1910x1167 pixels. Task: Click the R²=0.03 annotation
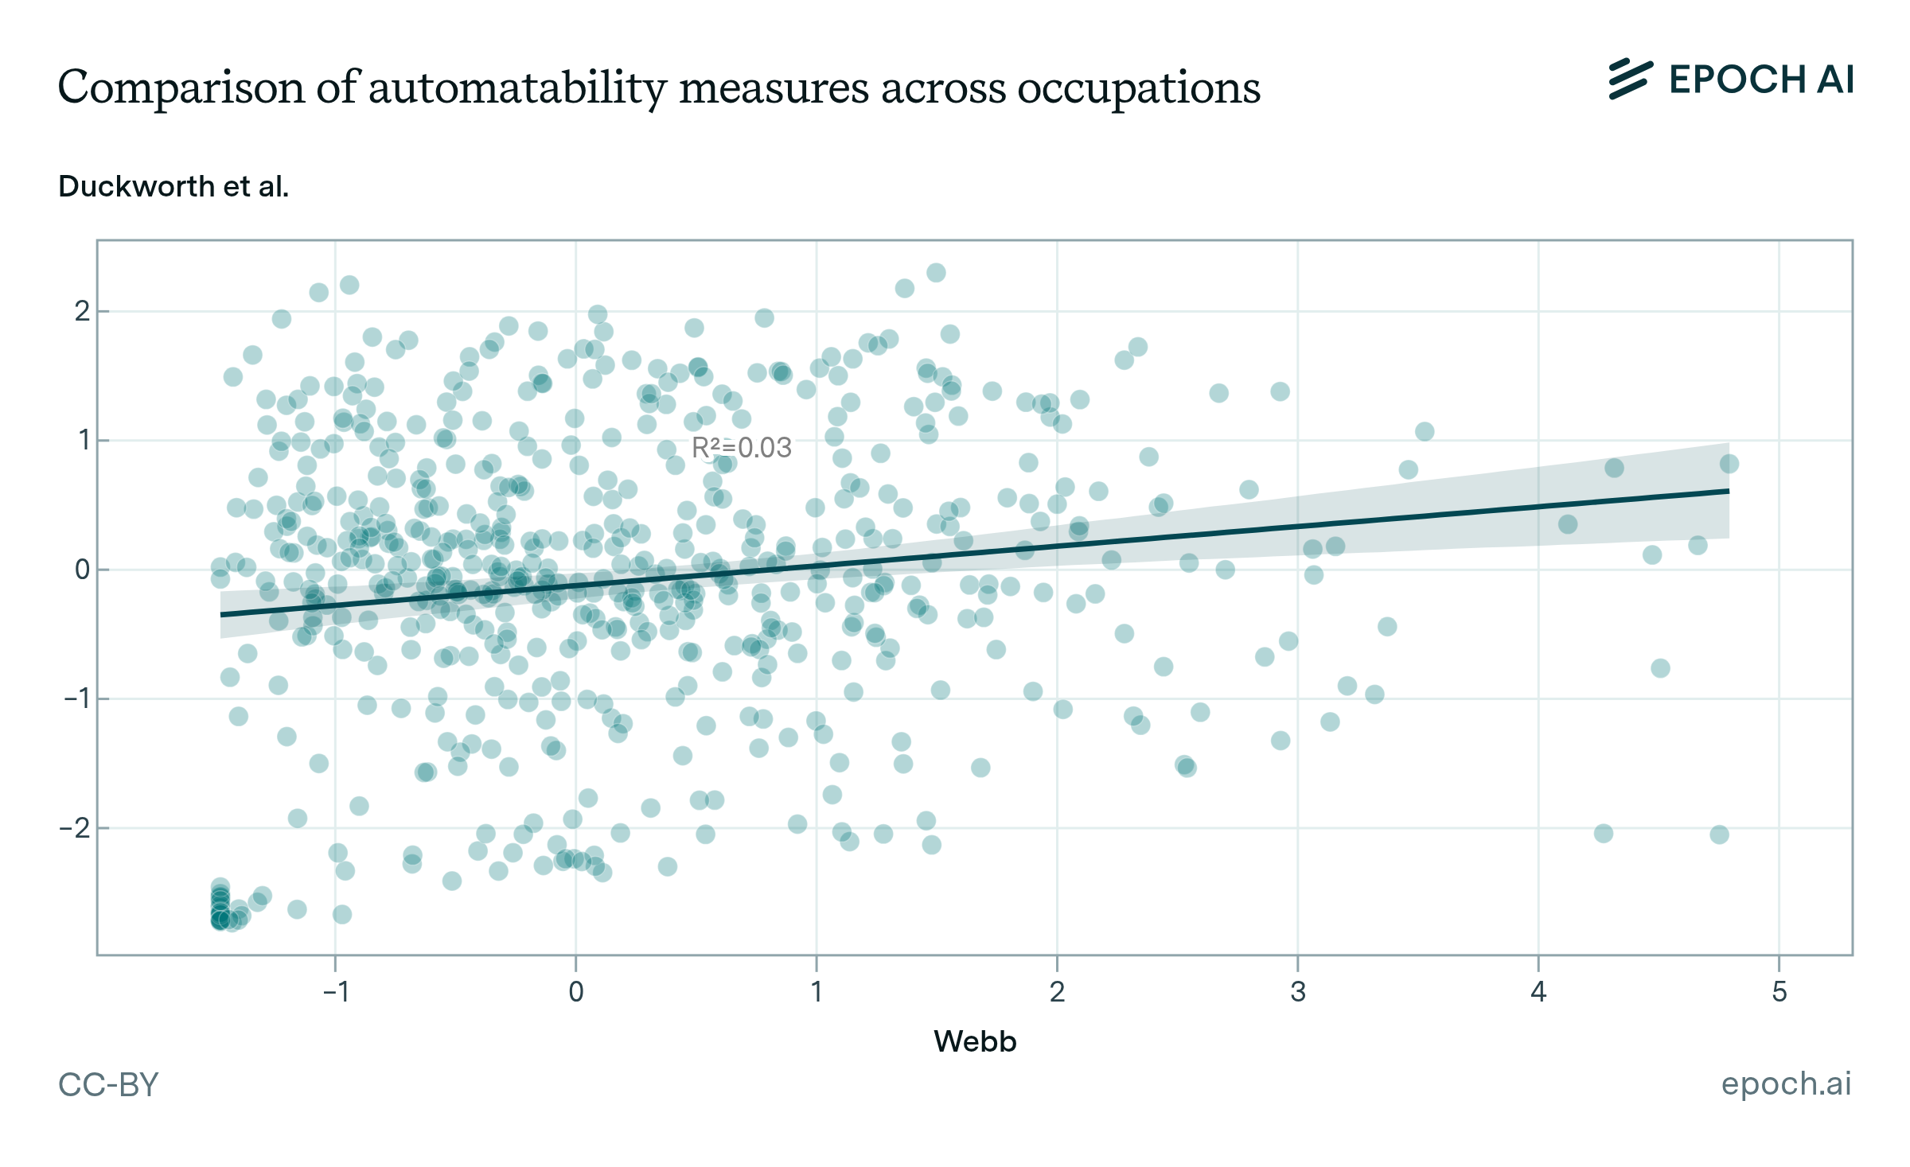point(741,448)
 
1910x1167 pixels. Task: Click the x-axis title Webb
point(975,1041)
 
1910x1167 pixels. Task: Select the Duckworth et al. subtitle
point(173,186)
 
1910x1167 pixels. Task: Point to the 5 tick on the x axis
point(1779,992)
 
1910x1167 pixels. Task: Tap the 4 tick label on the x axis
point(1538,992)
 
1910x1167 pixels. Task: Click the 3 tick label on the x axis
point(1298,992)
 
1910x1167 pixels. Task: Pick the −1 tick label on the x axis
point(335,992)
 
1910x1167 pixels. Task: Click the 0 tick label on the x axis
point(575,992)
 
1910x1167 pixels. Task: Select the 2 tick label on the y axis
point(82,311)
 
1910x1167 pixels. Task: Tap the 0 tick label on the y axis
point(82,570)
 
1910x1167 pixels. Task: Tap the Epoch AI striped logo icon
point(1631,80)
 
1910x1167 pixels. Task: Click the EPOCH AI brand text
point(1761,80)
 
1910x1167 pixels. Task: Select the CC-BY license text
point(108,1084)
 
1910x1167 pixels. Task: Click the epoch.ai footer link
point(1786,1083)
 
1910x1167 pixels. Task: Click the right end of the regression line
point(1729,492)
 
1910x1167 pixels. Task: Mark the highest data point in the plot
point(936,273)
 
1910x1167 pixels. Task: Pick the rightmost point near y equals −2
point(1719,834)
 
